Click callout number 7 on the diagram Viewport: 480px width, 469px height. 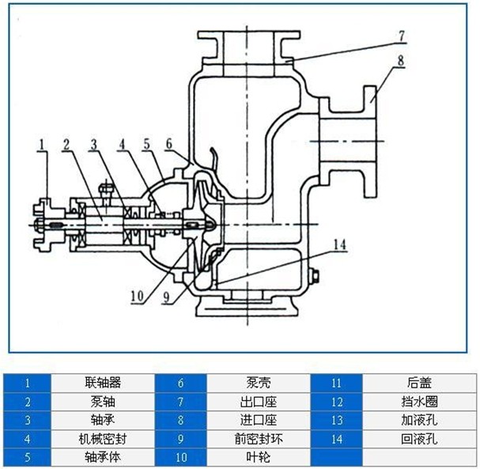401,36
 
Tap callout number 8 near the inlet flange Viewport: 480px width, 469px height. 401,59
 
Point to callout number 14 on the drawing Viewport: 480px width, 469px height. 339,246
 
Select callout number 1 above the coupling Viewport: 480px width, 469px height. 40,143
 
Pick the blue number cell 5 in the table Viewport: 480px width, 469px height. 27,457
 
